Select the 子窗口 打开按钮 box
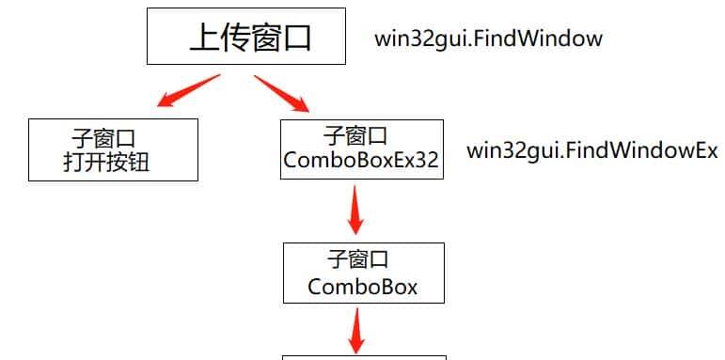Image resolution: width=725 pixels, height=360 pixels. (x=113, y=149)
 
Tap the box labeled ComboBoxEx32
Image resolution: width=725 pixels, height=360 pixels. (x=361, y=149)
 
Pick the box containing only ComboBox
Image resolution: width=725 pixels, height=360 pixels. (x=363, y=273)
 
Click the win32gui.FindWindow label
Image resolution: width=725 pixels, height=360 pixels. (x=488, y=39)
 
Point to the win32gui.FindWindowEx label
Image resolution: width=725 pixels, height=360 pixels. (x=592, y=150)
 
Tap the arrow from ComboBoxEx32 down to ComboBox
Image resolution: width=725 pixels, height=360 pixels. (x=355, y=210)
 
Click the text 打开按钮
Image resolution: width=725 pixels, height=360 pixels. (x=107, y=163)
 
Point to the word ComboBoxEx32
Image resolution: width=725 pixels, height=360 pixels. (x=361, y=161)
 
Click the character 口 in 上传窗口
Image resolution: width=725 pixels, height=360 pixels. (x=294, y=38)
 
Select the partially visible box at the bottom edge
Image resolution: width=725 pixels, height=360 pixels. (x=365, y=356)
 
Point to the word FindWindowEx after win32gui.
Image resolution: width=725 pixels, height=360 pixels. (x=639, y=150)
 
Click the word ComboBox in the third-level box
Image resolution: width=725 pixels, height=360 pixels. (x=362, y=285)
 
